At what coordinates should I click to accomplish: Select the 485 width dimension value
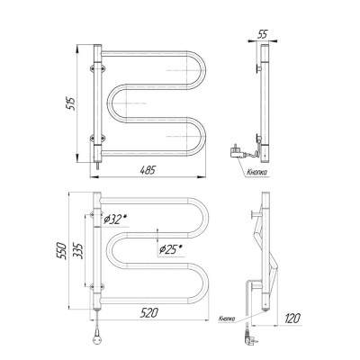pos(148,170)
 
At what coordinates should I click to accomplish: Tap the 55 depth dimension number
pos(262,34)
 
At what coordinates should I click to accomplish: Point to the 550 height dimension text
pos(61,250)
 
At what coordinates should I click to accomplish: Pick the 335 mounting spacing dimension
pos(77,250)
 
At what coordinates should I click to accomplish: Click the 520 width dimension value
pos(148,313)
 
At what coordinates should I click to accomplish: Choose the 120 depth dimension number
pos(292,318)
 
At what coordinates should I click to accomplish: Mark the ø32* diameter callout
pos(115,220)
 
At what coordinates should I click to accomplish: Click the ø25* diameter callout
pos(170,249)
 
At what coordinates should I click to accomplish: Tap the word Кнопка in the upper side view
pos(257,172)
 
